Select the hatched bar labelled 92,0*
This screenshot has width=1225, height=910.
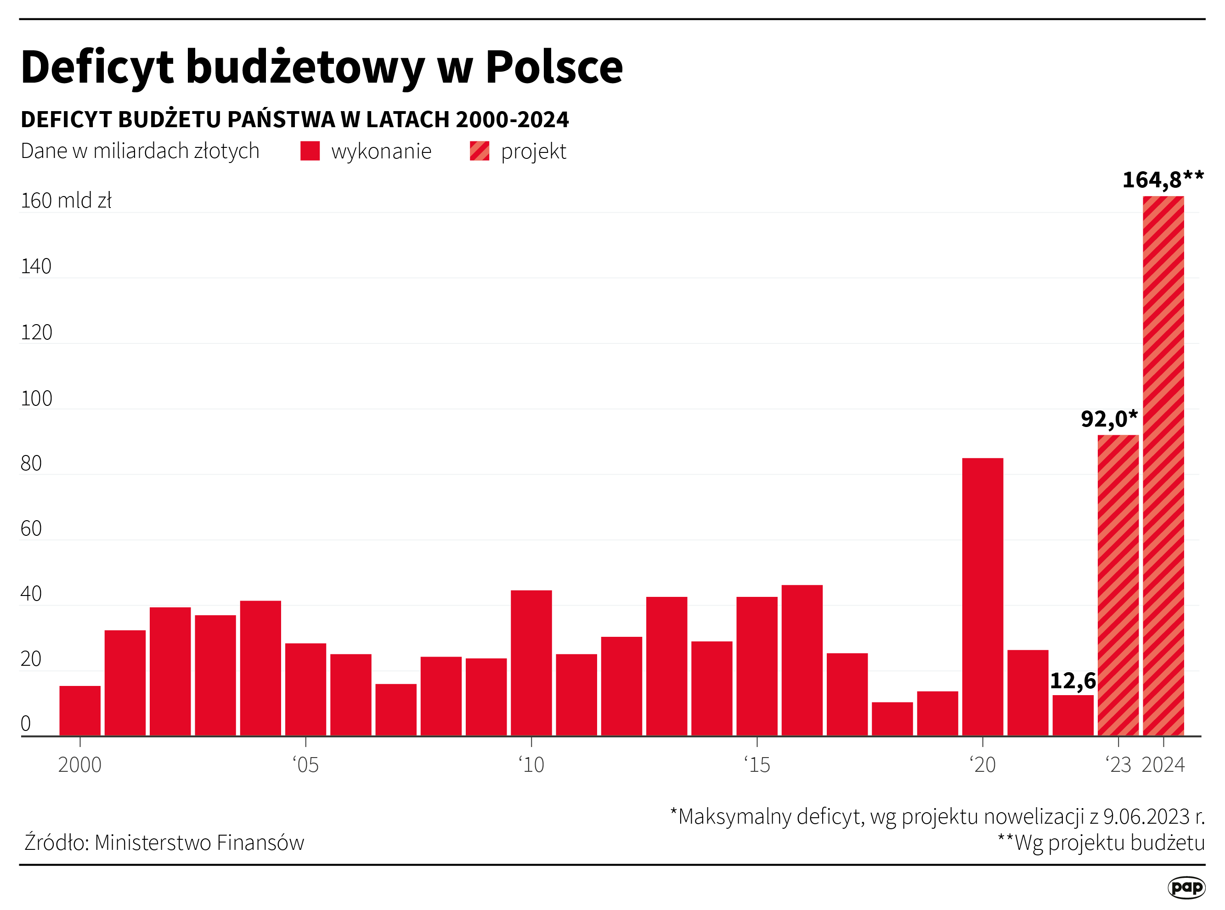[x=1118, y=585]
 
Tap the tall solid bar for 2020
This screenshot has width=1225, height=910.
[x=982, y=596]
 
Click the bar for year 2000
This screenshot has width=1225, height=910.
[x=80, y=711]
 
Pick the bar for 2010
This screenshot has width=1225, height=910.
[x=531, y=663]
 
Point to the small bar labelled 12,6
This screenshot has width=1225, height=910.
[x=1073, y=715]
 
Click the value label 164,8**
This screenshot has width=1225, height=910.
[x=1163, y=180]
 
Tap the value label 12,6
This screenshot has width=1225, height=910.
[x=1073, y=681]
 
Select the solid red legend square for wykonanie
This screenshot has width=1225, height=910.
[x=310, y=151]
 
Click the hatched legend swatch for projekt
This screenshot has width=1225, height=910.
[x=479, y=151]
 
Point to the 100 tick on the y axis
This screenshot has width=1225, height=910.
[x=36, y=398]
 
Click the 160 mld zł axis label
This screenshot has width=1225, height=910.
[x=66, y=201]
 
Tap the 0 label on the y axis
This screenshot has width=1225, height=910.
[x=25, y=723]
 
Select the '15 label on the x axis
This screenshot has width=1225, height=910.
[x=757, y=765]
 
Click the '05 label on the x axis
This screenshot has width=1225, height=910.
[x=306, y=765]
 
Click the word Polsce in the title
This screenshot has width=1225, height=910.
[x=554, y=67]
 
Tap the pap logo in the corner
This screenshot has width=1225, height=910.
[x=1186, y=888]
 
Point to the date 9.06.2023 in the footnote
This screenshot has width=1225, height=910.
[x=1147, y=817]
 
